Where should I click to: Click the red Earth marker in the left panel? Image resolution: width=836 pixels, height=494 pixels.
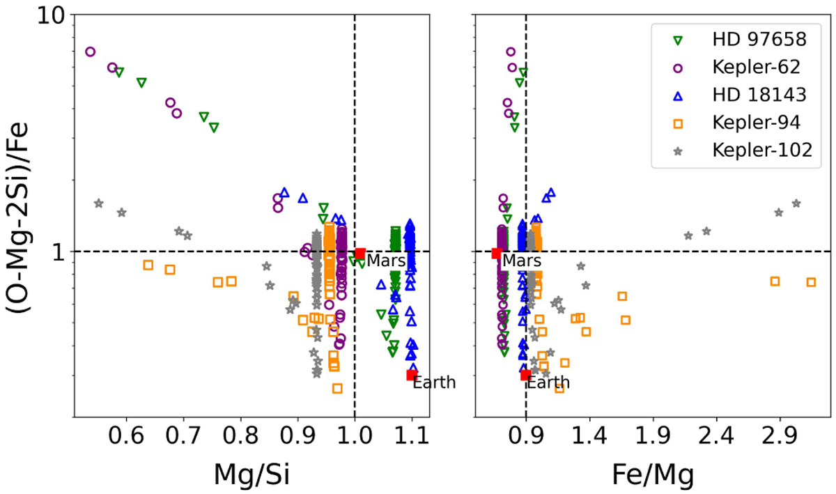coord(412,375)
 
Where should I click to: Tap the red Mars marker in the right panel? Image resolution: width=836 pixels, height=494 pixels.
coord(497,254)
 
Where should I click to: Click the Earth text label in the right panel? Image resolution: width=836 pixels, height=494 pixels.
coord(548,383)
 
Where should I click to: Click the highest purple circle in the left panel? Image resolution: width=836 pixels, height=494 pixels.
coord(90,52)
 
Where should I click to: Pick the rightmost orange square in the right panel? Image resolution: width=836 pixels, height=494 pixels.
coord(811,282)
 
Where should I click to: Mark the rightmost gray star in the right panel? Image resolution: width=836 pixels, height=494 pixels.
coord(796,203)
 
